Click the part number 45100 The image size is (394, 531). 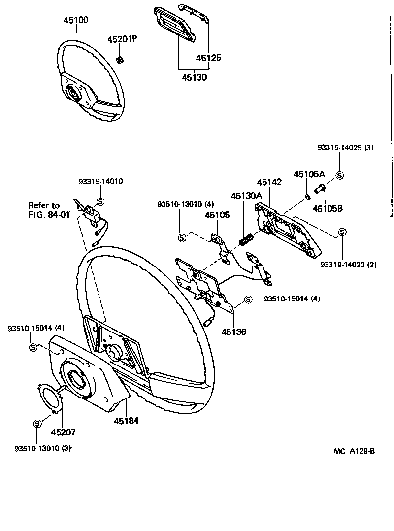[76, 20]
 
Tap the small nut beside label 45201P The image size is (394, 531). [120, 60]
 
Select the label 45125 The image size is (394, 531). [208, 58]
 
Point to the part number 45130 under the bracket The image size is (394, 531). [194, 77]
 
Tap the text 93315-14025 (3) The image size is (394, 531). [346, 147]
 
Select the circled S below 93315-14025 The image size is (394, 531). [339, 175]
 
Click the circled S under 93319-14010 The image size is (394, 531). [100, 201]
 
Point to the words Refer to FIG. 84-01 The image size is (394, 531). [49, 210]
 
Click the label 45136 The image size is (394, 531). [233, 332]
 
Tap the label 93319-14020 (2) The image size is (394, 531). [348, 265]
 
